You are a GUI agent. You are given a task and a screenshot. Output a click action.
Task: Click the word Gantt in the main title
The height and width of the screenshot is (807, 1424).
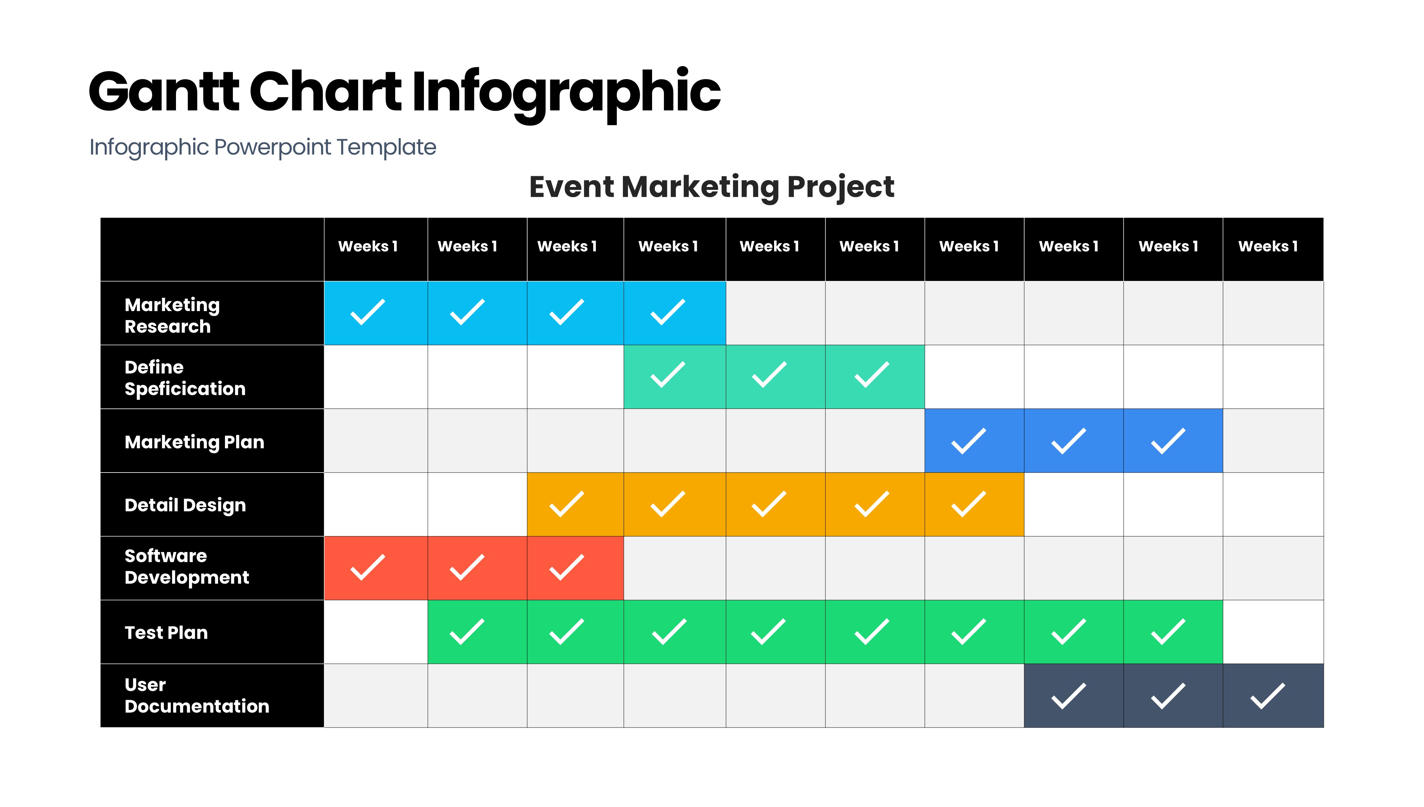(164, 91)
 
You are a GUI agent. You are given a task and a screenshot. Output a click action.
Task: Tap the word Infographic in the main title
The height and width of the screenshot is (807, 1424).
(566, 94)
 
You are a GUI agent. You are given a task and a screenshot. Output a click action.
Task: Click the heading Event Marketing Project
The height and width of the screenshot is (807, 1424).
(711, 187)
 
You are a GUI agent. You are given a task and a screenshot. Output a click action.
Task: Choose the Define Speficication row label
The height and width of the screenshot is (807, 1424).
(185, 378)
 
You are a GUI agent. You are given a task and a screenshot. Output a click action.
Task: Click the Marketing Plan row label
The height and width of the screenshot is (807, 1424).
(194, 442)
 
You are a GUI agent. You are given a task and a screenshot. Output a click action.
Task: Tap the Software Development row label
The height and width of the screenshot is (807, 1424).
(186, 566)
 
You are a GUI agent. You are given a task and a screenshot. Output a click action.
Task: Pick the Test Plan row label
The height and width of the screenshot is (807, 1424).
(166, 633)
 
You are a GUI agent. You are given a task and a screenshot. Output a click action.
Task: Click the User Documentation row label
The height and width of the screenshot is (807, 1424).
(197, 695)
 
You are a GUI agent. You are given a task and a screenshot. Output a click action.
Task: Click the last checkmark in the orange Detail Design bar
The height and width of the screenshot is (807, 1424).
(969, 504)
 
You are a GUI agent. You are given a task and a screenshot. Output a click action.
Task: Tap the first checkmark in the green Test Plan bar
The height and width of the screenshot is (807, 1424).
(467, 632)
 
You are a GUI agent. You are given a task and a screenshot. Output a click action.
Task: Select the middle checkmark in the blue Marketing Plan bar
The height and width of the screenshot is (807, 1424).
(1068, 441)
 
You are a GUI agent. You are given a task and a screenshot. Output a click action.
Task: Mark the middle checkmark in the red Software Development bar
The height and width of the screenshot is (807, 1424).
(467, 567)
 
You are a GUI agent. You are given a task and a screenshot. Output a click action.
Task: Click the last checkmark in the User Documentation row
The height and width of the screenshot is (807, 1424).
(1267, 696)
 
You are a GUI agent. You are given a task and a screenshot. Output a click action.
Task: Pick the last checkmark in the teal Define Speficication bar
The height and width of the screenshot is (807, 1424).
(872, 375)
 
